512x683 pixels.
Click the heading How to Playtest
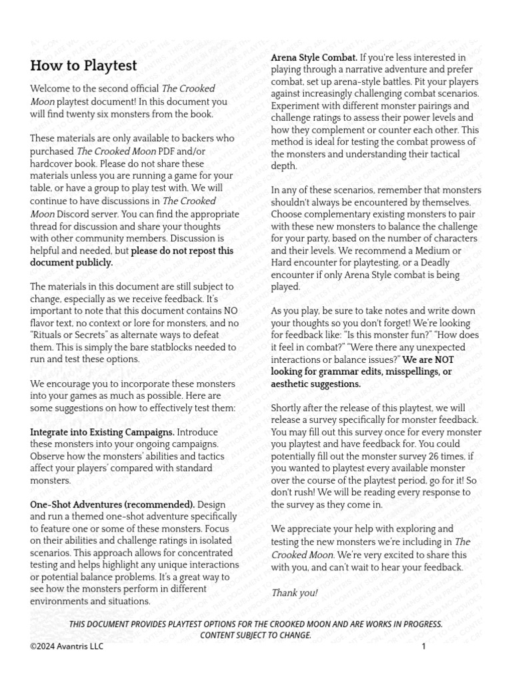[x=83, y=65]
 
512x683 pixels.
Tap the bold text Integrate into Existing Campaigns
[x=102, y=432]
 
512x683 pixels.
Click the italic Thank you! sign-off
[x=294, y=592]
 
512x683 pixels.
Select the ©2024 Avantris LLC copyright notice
[x=67, y=646]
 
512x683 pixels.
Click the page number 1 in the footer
[x=423, y=646]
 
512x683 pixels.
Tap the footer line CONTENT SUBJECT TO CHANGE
[x=256, y=635]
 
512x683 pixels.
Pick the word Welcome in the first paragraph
[x=51, y=89]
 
